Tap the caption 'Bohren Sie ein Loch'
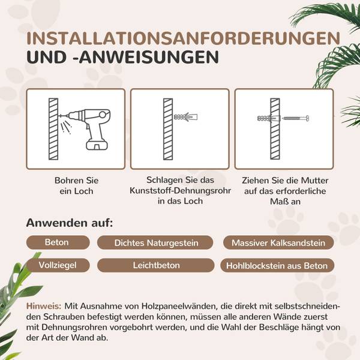[76, 185]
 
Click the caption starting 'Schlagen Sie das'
[179, 190]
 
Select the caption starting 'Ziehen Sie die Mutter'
[284, 190]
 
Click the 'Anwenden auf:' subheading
[70, 223]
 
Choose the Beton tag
[56, 243]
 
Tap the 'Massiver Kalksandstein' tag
[278, 243]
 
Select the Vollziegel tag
[56, 265]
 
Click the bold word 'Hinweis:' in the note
[44, 306]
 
